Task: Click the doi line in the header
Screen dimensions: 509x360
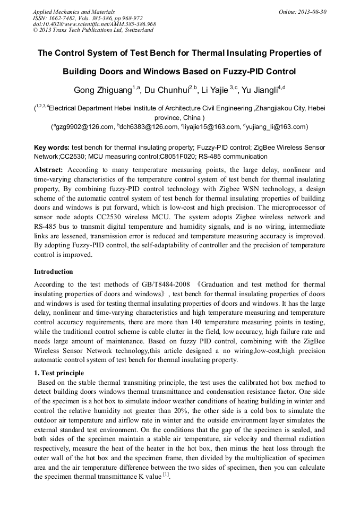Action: (x=94, y=24)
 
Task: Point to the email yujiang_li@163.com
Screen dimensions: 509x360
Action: (x=276, y=127)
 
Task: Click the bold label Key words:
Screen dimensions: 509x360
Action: (x=52, y=147)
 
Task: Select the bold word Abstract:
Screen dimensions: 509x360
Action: (x=49, y=170)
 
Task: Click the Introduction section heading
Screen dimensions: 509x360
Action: (x=54, y=272)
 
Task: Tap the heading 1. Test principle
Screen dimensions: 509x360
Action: (x=59, y=373)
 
